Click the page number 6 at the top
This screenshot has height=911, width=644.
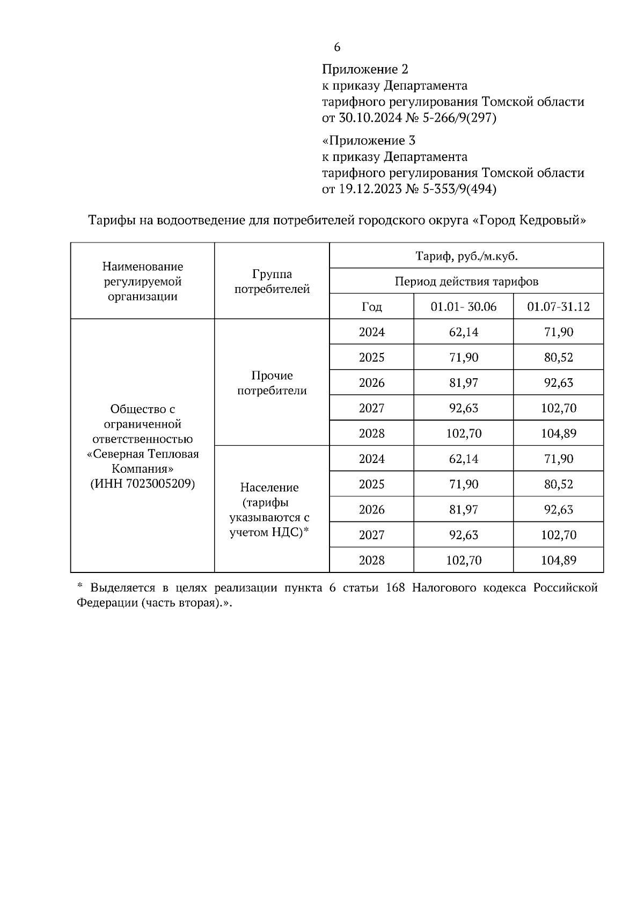[x=337, y=47]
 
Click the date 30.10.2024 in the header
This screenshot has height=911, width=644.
[x=370, y=117]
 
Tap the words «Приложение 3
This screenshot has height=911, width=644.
[x=369, y=141]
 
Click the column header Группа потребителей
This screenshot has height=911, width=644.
[x=272, y=282]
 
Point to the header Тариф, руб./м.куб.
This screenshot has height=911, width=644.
[x=466, y=256]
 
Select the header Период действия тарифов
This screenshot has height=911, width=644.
[x=466, y=281]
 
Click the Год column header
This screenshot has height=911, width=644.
[x=371, y=307]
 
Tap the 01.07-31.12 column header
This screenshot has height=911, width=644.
[x=558, y=307]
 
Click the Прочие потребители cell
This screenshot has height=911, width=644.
[x=272, y=383]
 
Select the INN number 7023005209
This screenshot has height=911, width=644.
[x=161, y=483]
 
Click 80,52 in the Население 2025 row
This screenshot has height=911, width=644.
[x=558, y=484]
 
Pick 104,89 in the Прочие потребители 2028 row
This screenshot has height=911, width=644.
[x=558, y=433]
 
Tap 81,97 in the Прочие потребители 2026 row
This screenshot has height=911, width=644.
[x=464, y=383]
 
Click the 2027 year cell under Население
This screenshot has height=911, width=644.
[x=371, y=535]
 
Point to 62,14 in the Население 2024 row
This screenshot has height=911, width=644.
[x=464, y=459]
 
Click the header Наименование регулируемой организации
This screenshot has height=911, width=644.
[x=143, y=282]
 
